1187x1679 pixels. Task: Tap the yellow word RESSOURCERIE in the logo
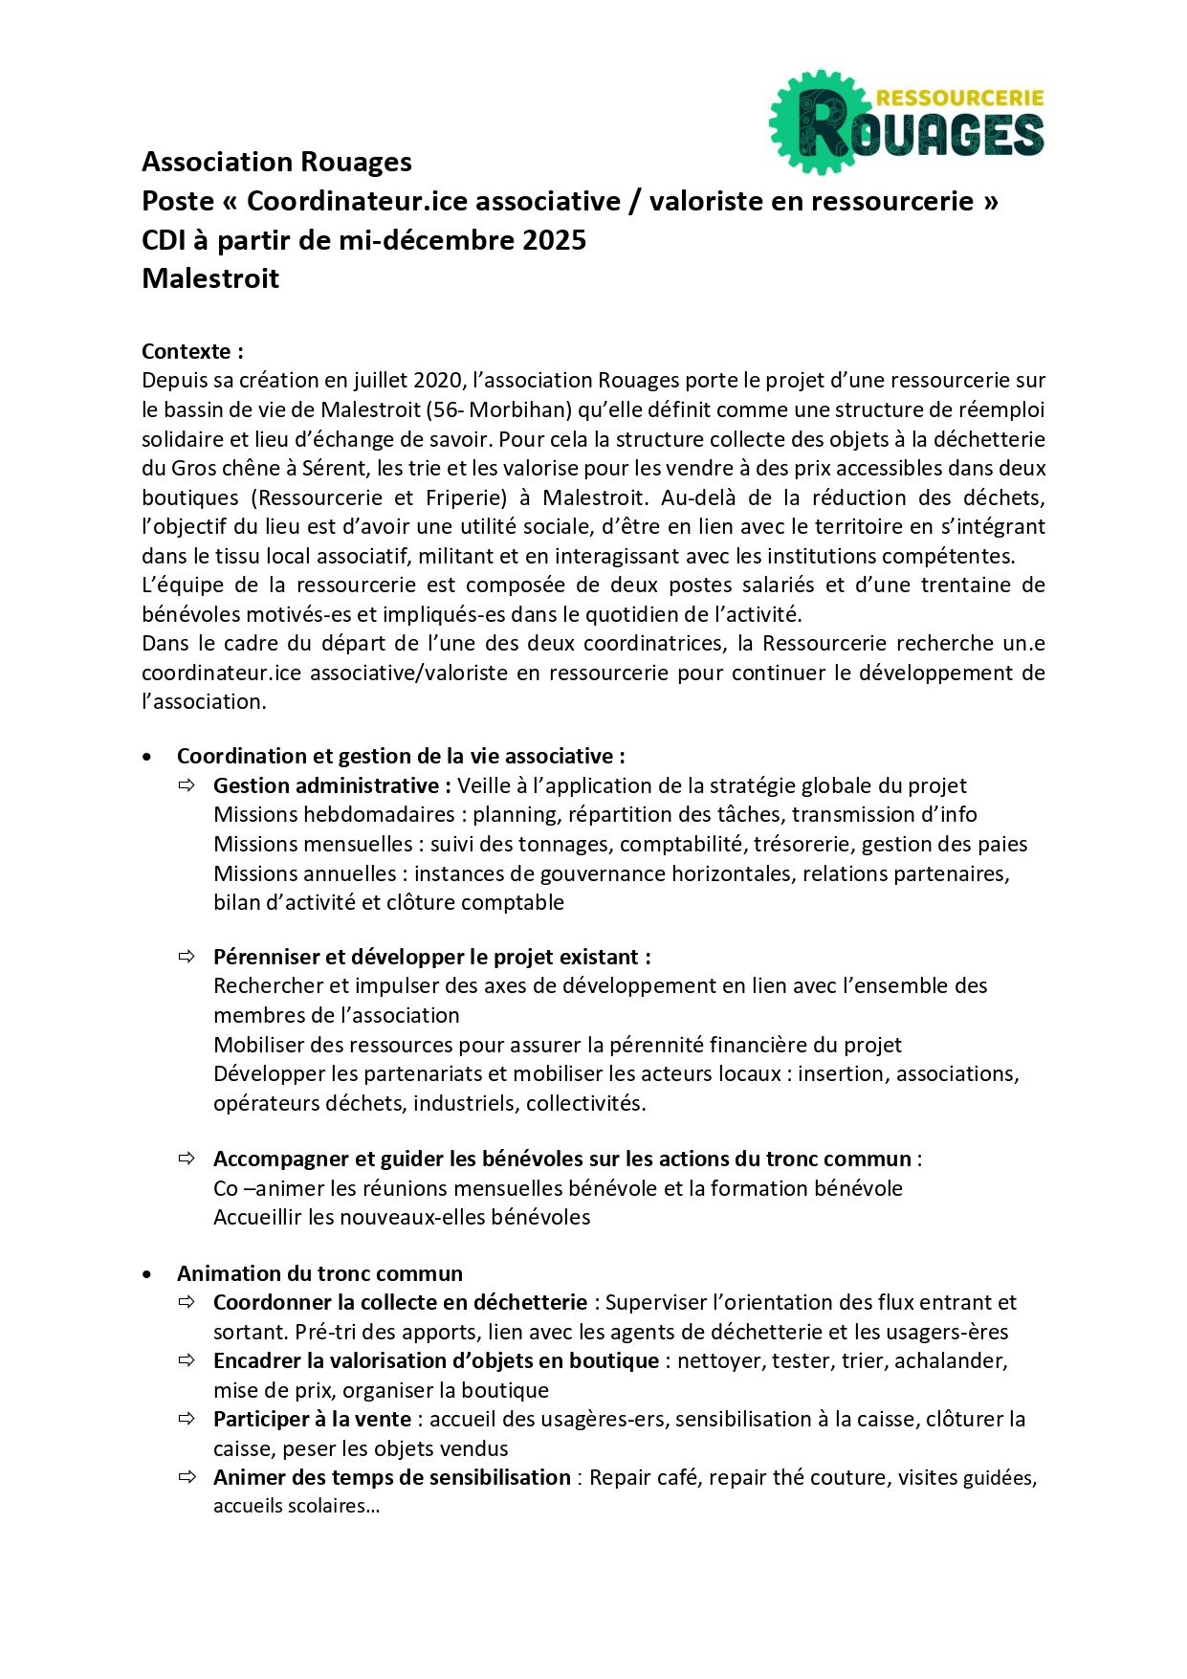click(x=959, y=98)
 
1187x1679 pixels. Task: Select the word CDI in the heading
click(x=164, y=240)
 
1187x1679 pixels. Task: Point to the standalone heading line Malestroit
click(x=210, y=279)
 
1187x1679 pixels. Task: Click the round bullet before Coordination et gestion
click(x=146, y=757)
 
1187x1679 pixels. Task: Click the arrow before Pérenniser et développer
click(x=187, y=957)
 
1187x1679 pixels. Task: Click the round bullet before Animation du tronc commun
click(x=146, y=1274)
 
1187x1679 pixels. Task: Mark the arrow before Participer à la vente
click(x=187, y=1419)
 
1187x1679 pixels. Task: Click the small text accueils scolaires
click(x=296, y=1507)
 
